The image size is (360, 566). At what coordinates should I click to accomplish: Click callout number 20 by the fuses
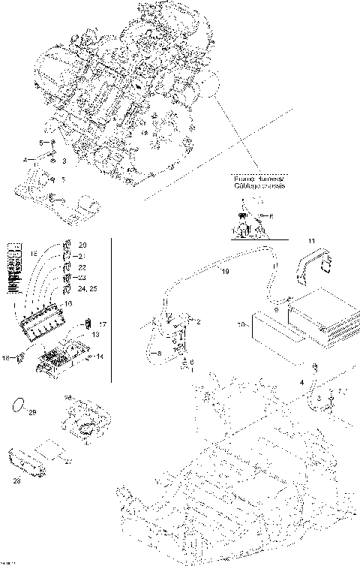[82, 245]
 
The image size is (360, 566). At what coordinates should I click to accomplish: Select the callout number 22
[82, 267]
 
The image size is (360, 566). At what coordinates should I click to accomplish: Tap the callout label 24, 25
[87, 288]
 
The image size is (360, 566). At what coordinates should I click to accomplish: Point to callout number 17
[103, 324]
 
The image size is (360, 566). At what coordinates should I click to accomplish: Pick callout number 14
[100, 356]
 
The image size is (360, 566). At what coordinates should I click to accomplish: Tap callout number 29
[32, 412]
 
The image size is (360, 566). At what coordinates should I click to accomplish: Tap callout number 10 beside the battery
[241, 325]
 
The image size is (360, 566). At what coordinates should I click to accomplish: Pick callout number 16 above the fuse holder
[68, 304]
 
